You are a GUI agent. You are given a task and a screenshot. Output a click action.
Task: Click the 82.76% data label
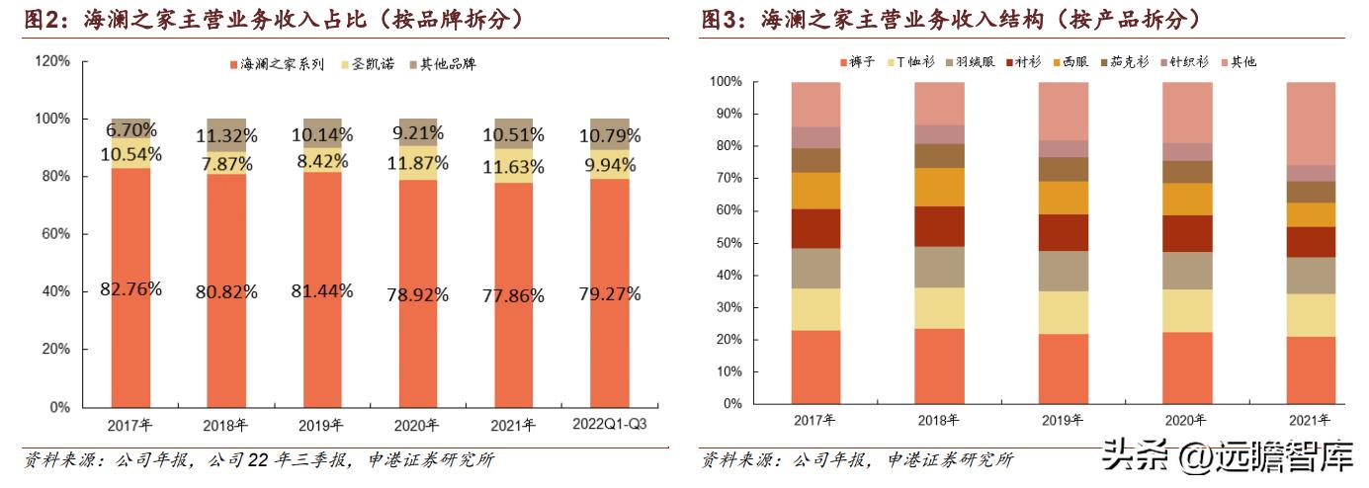(x=130, y=289)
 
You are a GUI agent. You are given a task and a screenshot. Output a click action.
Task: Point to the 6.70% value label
(x=130, y=129)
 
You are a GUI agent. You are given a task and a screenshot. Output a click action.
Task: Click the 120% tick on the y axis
(x=53, y=61)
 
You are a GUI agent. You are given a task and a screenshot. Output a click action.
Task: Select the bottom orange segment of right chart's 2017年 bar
(x=815, y=366)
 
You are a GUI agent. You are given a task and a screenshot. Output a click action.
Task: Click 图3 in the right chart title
(x=720, y=18)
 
